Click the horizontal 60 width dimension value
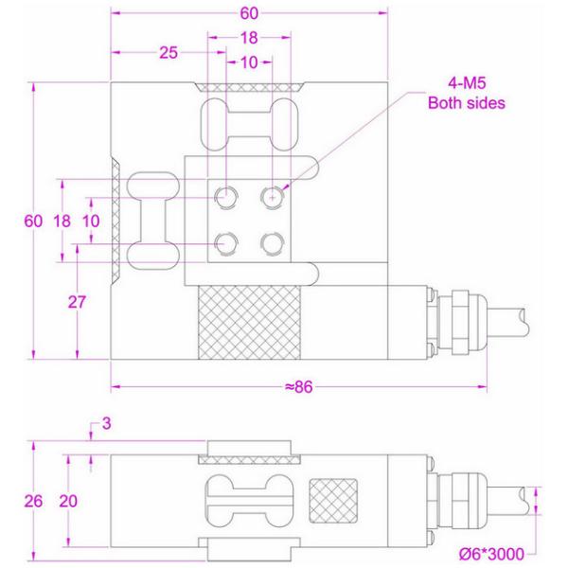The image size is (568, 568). (249, 14)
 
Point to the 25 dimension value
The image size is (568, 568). (169, 53)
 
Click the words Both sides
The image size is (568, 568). (467, 103)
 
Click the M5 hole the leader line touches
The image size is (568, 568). (273, 197)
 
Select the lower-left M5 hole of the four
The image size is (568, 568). (227, 243)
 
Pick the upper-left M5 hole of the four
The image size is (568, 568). (227, 197)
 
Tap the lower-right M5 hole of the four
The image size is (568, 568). (273, 243)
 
